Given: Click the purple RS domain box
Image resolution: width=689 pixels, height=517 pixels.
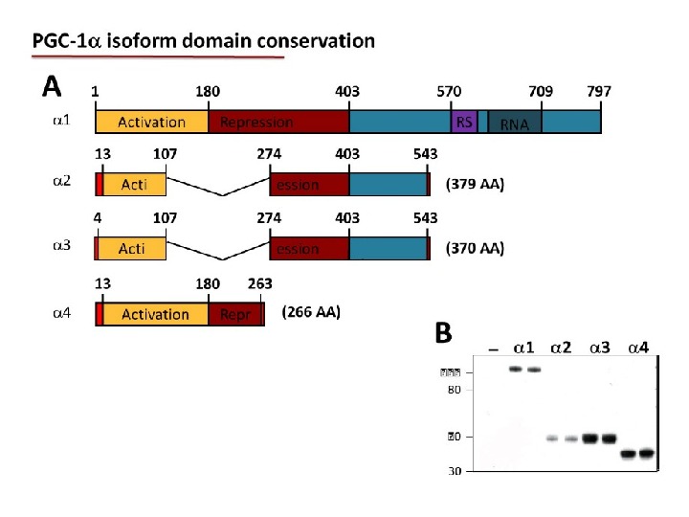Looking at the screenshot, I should click(x=464, y=122).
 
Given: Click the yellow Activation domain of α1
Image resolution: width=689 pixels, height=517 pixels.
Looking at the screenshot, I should click(x=151, y=122).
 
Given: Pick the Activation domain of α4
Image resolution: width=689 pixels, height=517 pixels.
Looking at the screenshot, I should click(x=155, y=314).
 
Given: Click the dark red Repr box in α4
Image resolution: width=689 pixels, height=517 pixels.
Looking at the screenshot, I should click(x=234, y=314).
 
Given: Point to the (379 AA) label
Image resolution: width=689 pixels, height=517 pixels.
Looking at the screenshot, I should click(x=476, y=184).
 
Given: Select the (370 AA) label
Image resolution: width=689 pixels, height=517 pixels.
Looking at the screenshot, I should click(x=476, y=248).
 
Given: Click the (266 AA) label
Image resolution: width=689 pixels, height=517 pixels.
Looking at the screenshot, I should click(x=311, y=312).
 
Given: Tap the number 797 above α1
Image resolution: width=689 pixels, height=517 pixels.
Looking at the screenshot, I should click(x=599, y=92).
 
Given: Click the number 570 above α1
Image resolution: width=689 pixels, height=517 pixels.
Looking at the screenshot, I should click(x=450, y=92).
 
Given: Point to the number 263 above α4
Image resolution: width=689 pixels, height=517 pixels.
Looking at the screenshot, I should click(x=259, y=283).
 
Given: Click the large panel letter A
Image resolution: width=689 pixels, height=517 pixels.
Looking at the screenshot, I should click(x=52, y=87).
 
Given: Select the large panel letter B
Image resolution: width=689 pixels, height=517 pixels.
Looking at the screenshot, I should click(x=443, y=332).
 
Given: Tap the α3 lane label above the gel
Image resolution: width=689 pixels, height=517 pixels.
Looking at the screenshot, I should click(x=600, y=347).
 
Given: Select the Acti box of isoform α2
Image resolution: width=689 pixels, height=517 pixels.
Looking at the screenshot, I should click(x=134, y=185).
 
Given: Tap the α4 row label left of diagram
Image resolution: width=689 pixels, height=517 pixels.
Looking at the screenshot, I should click(x=60, y=313).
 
